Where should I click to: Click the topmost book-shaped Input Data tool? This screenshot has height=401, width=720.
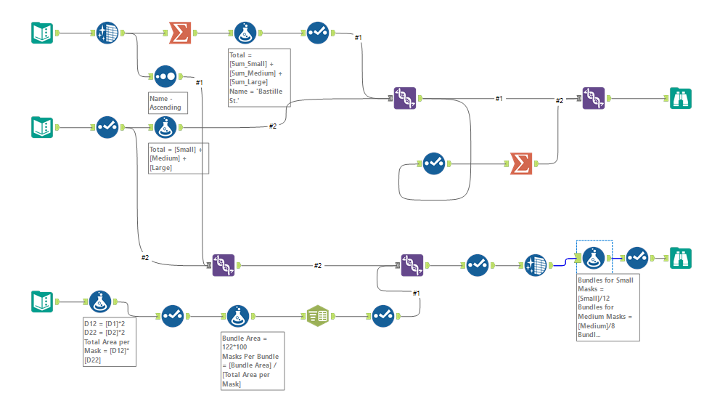tap(42, 33)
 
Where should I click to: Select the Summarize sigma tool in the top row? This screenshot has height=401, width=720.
tap(179, 33)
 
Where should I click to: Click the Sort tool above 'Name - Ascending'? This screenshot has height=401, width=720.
tap(165, 76)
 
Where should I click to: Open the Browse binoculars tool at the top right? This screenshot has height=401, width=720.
tap(680, 98)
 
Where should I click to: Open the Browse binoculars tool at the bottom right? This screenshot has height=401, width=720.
tap(680, 258)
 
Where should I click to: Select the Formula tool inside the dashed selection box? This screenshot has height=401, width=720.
tap(594, 258)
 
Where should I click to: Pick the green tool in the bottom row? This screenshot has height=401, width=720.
tap(317, 316)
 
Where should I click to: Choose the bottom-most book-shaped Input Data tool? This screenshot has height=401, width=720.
tap(42, 301)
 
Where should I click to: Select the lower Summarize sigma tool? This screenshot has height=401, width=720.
tap(520, 163)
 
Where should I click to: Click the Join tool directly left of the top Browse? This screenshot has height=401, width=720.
tap(593, 98)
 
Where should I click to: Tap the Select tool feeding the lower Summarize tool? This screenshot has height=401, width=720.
tap(433, 163)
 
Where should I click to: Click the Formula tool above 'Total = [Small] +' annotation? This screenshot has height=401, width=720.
tap(165, 127)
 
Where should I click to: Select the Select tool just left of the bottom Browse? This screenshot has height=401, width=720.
tap(637, 258)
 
